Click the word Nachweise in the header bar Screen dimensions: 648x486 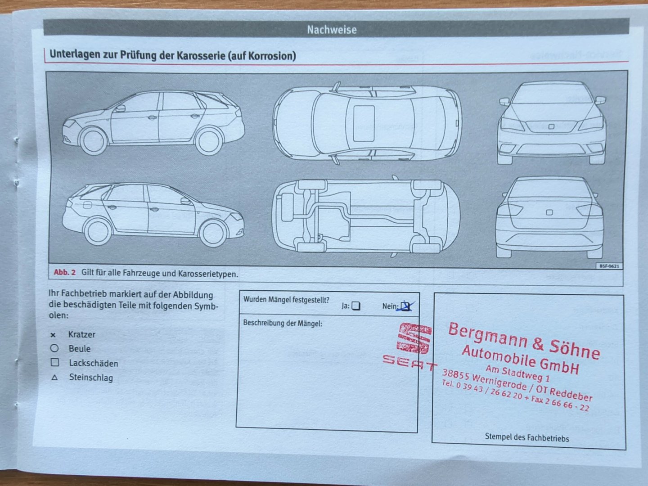pos(332,30)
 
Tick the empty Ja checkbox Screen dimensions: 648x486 pos(356,306)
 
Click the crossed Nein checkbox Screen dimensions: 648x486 pos(405,306)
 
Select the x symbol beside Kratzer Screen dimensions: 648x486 pos(53,335)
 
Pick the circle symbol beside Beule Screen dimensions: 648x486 pos(54,348)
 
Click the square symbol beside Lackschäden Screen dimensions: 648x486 pos(55,363)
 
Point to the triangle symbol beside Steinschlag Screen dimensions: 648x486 pos(54,378)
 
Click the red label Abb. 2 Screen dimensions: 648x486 pos(65,272)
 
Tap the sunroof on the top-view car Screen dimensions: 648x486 pos(364,123)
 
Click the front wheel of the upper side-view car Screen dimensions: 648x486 pos(93,141)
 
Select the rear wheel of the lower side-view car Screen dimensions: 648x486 pos(98,232)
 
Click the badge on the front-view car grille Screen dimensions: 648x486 pos(551,126)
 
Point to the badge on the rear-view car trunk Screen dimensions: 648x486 pos(549,212)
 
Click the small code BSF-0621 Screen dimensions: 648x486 pos(609,266)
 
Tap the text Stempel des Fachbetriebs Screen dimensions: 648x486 pos(527,438)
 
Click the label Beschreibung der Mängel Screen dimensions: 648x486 pos(283,323)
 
